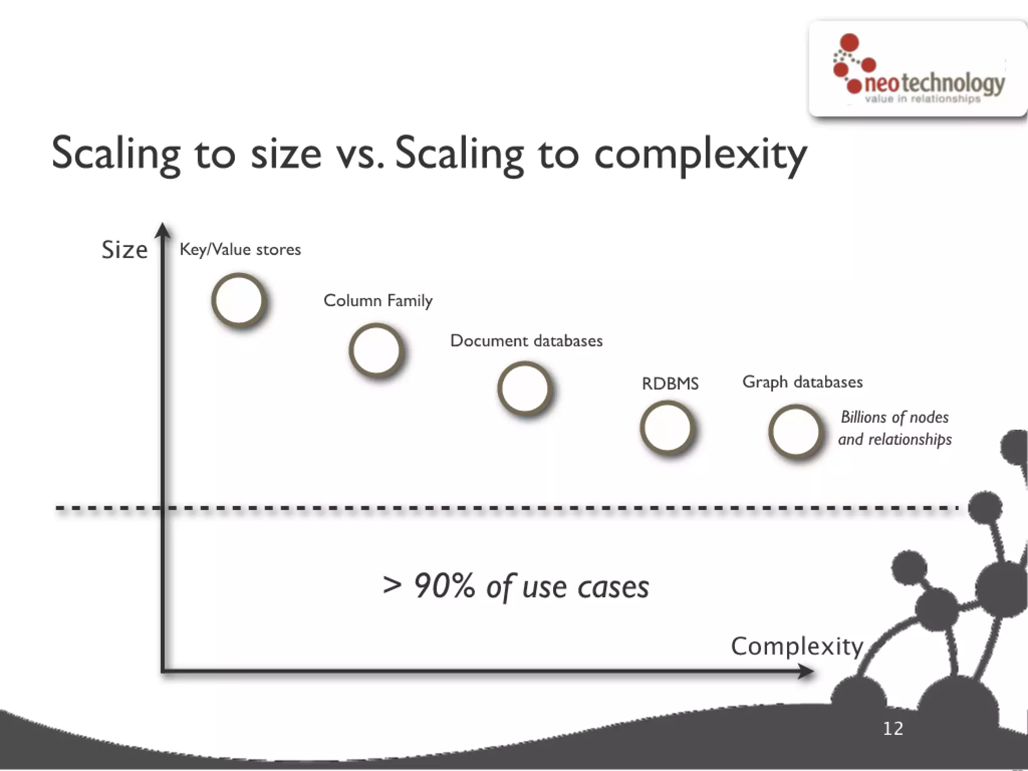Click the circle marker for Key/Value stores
(238, 300)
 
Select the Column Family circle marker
(376, 350)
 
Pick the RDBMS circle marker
(668, 428)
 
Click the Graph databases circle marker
(796, 432)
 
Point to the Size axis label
(124, 249)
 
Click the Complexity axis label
(797, 646)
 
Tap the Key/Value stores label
(240, 249)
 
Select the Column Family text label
(377, 300)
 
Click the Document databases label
(526, 341)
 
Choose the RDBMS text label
(670, 383)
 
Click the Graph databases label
(802, 382)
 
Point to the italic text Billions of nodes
(894, 417)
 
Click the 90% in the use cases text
(444, 586)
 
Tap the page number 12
(893, 728)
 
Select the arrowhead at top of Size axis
(162, 230)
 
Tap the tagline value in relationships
(923, 99)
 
